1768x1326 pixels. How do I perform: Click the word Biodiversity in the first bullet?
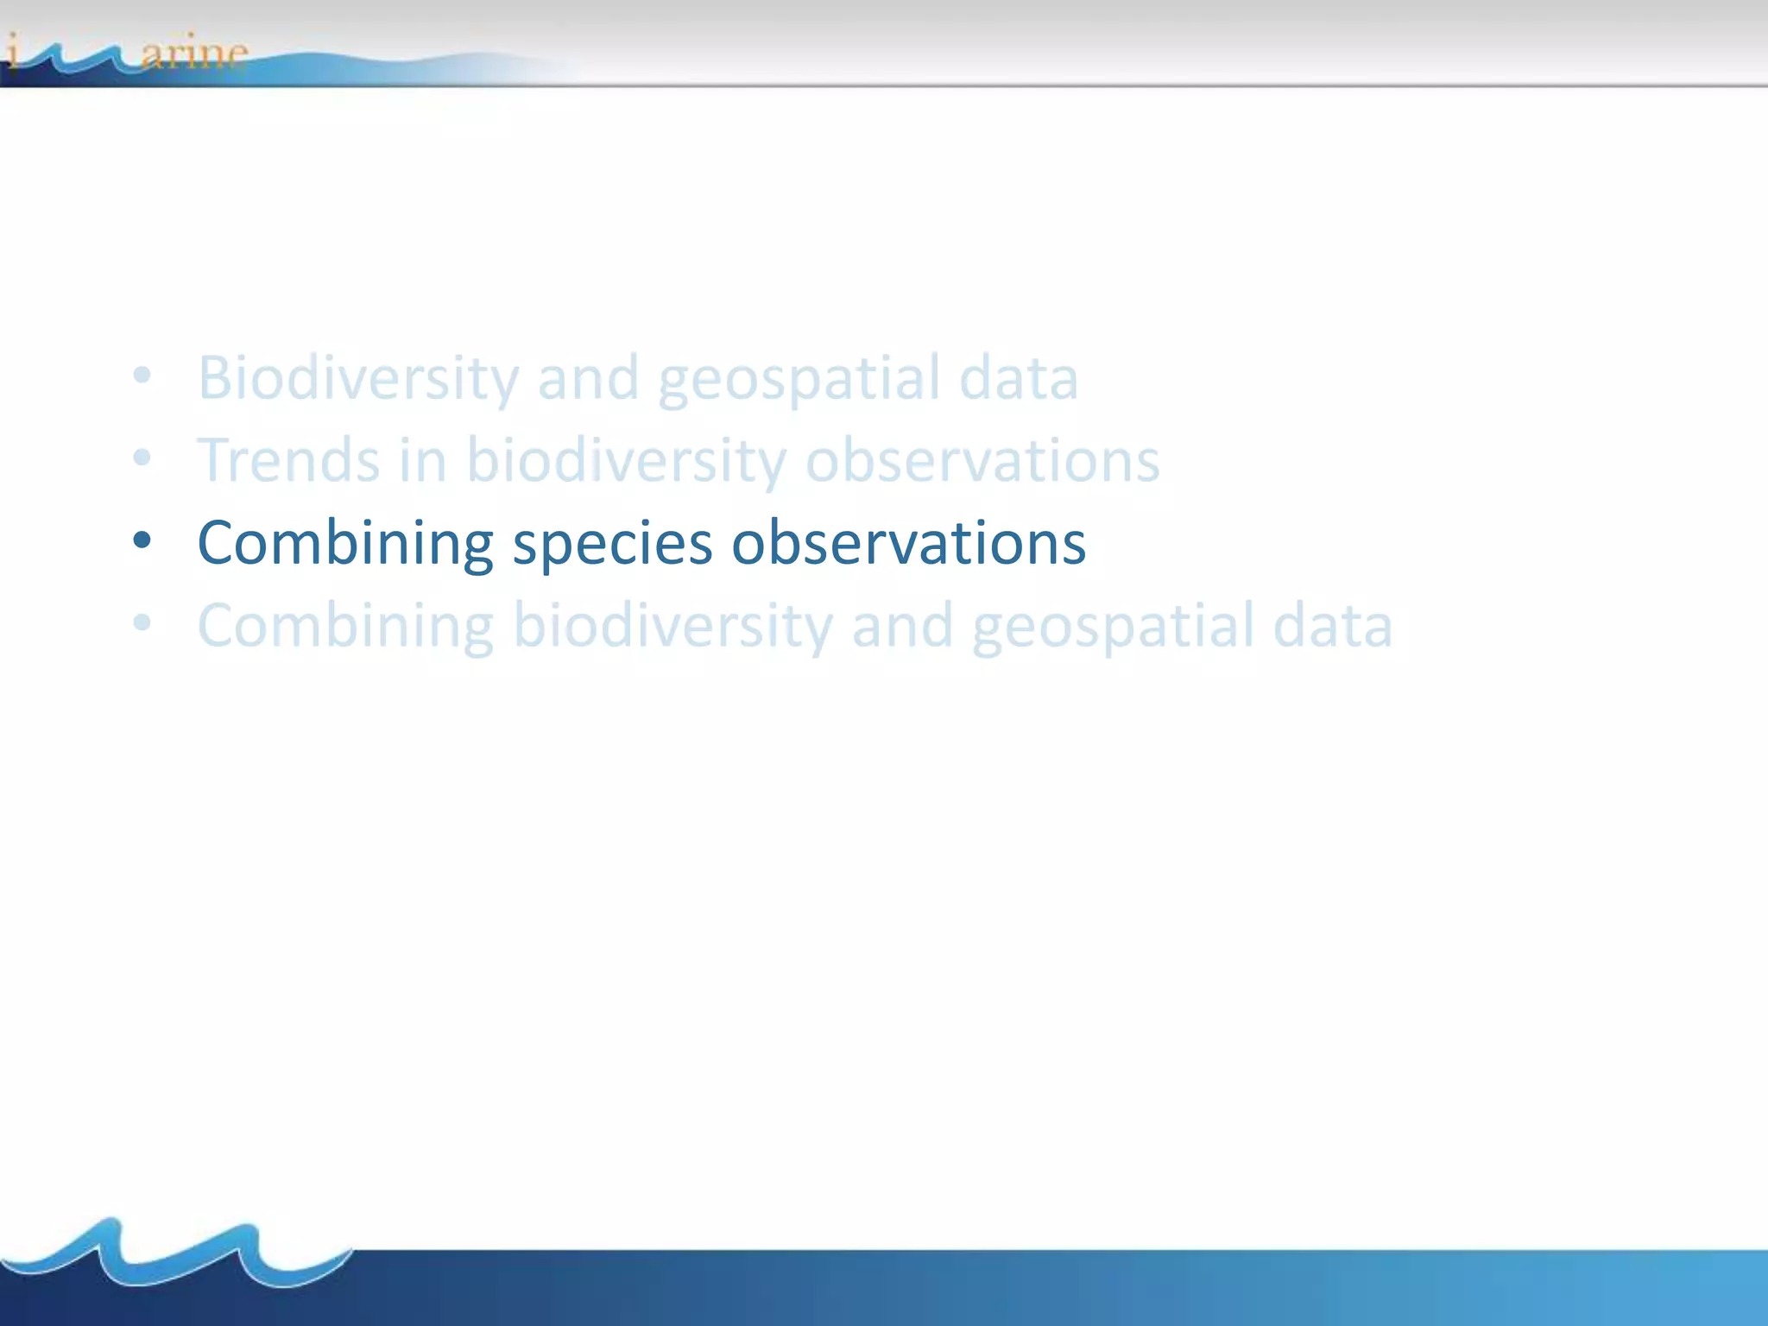(357, 378)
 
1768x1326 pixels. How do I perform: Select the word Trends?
(287, 460)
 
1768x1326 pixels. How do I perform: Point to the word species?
(612, 543)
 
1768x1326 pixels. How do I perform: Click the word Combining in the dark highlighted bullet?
(345, 543)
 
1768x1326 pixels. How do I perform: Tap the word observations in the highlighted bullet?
(908, 543)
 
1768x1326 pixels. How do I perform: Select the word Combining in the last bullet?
(345, 626)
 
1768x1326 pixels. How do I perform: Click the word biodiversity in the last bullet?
(672, 626)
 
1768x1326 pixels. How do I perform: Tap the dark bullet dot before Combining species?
(142, 541)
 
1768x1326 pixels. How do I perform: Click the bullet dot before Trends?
(142, 458)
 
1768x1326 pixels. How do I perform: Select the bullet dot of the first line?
(142, 376)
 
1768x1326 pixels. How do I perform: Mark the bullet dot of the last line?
(142, 623)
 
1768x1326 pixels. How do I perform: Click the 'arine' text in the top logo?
(194, 54)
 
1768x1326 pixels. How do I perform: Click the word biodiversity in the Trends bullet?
(626, 460)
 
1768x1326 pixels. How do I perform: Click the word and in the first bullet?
(587, 378)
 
